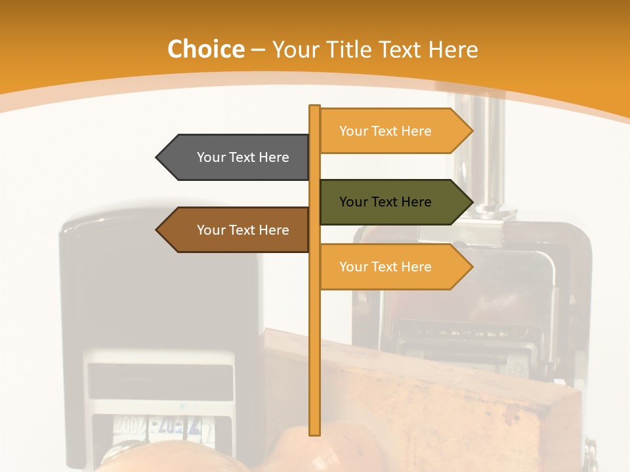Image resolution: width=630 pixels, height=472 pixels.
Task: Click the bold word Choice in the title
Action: tap(205, 49)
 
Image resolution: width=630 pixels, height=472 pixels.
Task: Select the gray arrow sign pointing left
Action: tap(233, 157)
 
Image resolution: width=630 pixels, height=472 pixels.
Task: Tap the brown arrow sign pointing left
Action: tap(233, 230)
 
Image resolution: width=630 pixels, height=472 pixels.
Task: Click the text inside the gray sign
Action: tap(243, 157)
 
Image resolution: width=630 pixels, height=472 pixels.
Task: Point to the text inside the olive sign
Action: tap(385, 202)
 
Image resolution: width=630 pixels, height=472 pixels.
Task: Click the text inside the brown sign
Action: tap(243, 230)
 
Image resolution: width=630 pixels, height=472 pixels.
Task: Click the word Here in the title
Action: tap(453, 49)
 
